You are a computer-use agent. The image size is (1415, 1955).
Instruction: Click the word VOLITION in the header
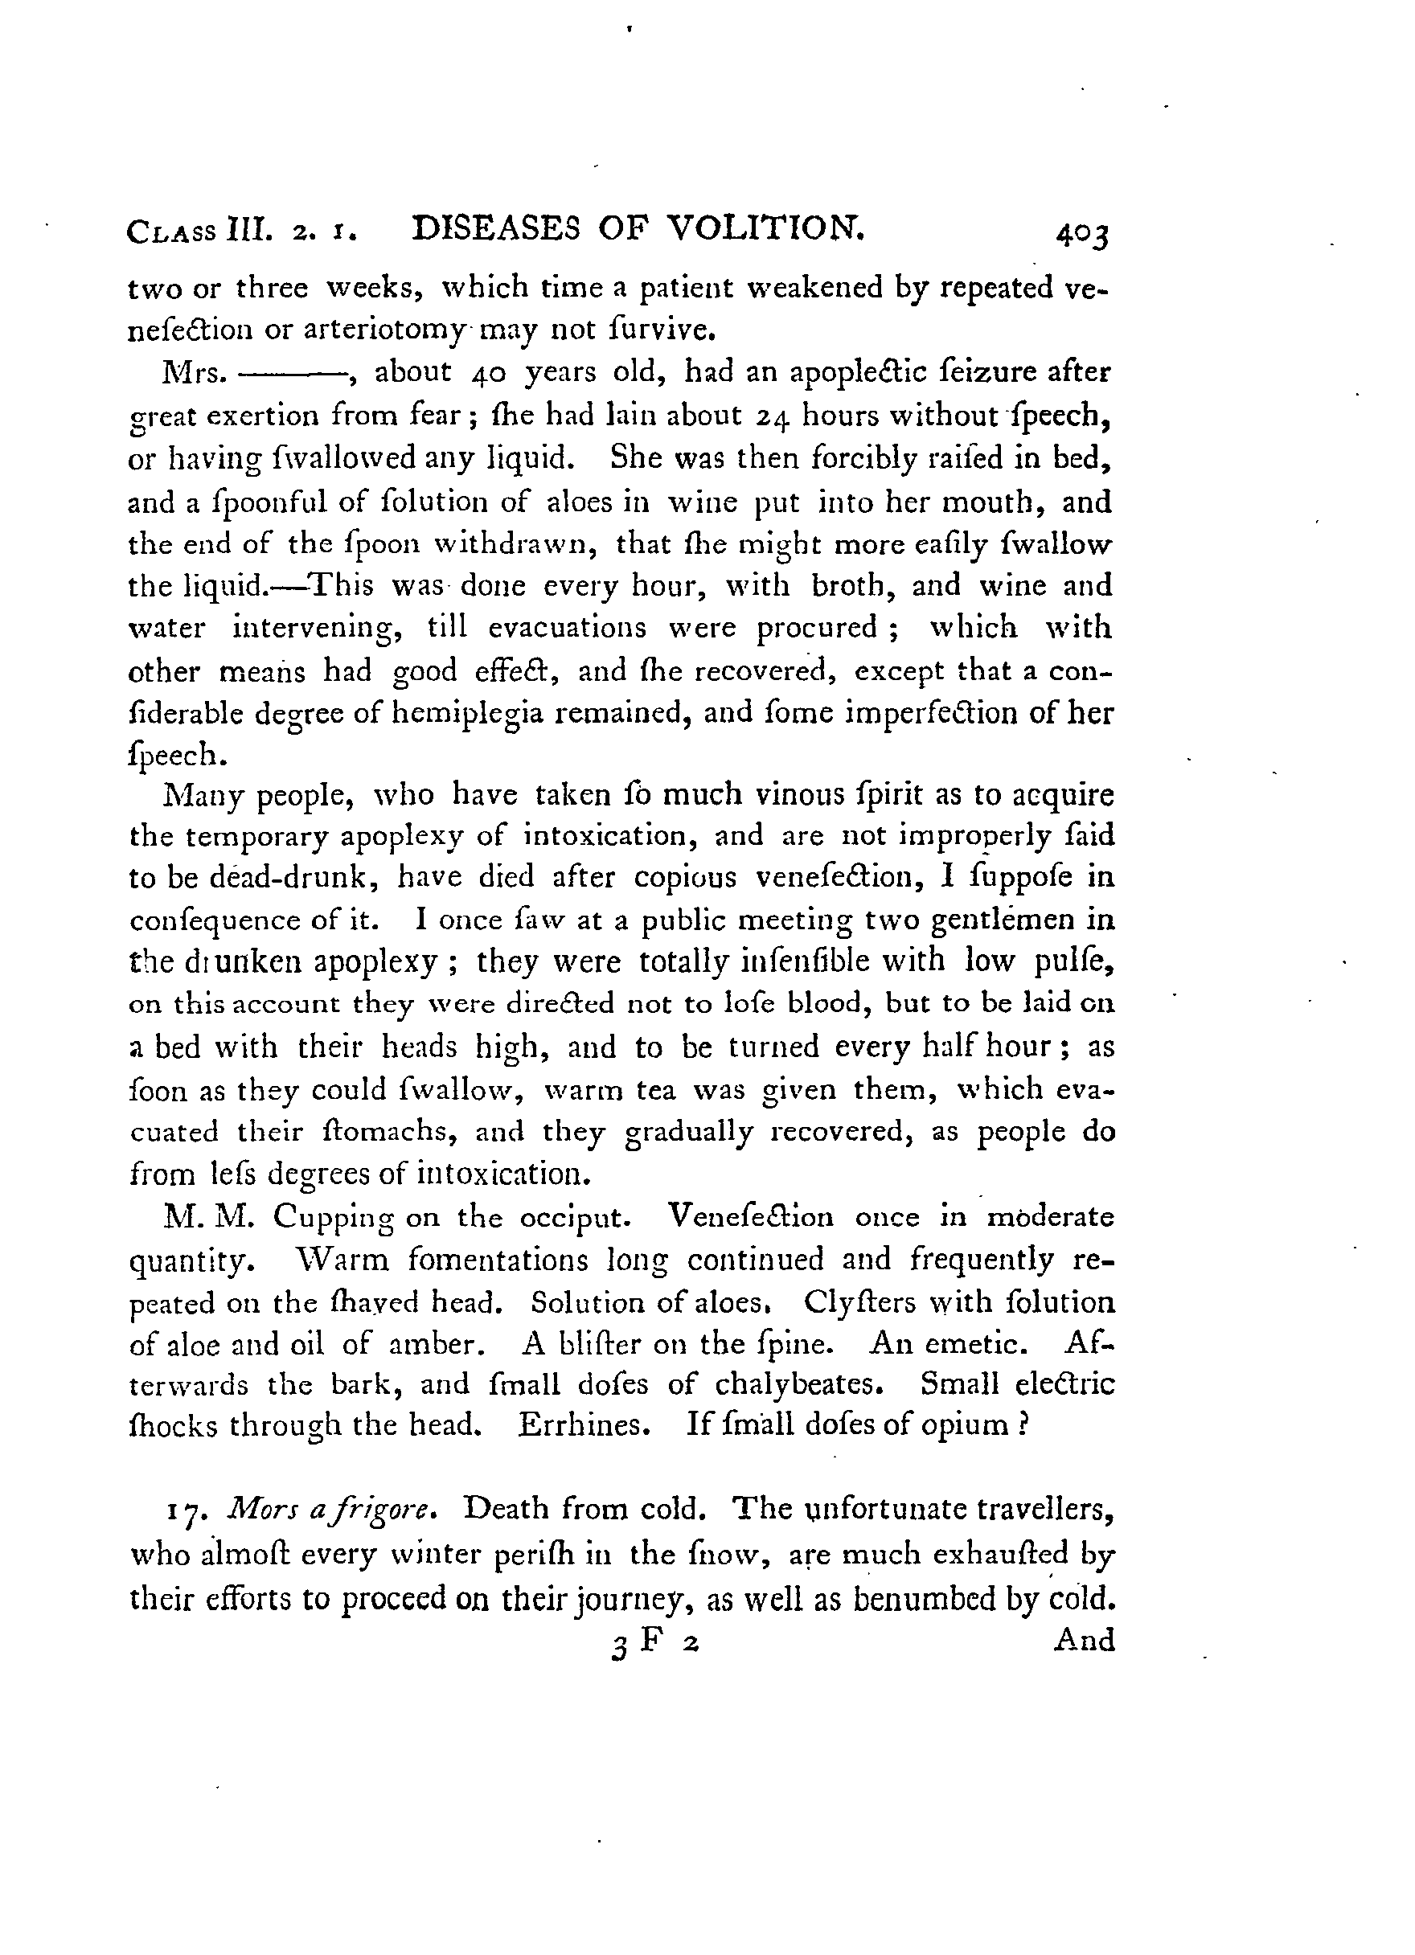(x=765, y=228)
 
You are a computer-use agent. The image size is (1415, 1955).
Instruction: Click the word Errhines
(x=584, y=1426)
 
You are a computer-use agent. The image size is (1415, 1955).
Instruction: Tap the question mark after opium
(x=1023, y=1426)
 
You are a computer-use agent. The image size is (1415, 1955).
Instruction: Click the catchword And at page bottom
(x=1084, y=1640)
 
